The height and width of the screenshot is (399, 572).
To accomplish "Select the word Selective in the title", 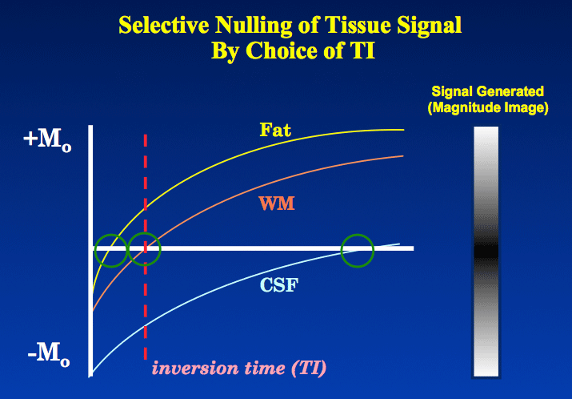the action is [164, 26].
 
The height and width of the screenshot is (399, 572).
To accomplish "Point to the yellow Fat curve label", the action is [275, 130].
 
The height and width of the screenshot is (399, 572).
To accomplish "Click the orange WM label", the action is [277, 204].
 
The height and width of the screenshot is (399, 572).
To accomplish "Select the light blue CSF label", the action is [279, 285].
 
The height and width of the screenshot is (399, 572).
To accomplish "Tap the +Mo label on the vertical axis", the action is [47, 141].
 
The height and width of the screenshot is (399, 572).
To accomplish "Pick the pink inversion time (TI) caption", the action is [239, 368].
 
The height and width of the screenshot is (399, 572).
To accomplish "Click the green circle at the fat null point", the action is [111, 236].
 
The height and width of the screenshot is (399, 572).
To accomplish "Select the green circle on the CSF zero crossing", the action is [358, 236].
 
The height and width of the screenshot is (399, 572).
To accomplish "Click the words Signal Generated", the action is [487, 91].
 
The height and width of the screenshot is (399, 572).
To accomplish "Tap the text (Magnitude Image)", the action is [488, 108].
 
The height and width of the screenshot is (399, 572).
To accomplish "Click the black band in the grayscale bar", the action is [486, 252].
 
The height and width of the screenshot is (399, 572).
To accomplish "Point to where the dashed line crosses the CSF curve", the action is [145, 326].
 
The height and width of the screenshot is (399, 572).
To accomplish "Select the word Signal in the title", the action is [430, 26].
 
